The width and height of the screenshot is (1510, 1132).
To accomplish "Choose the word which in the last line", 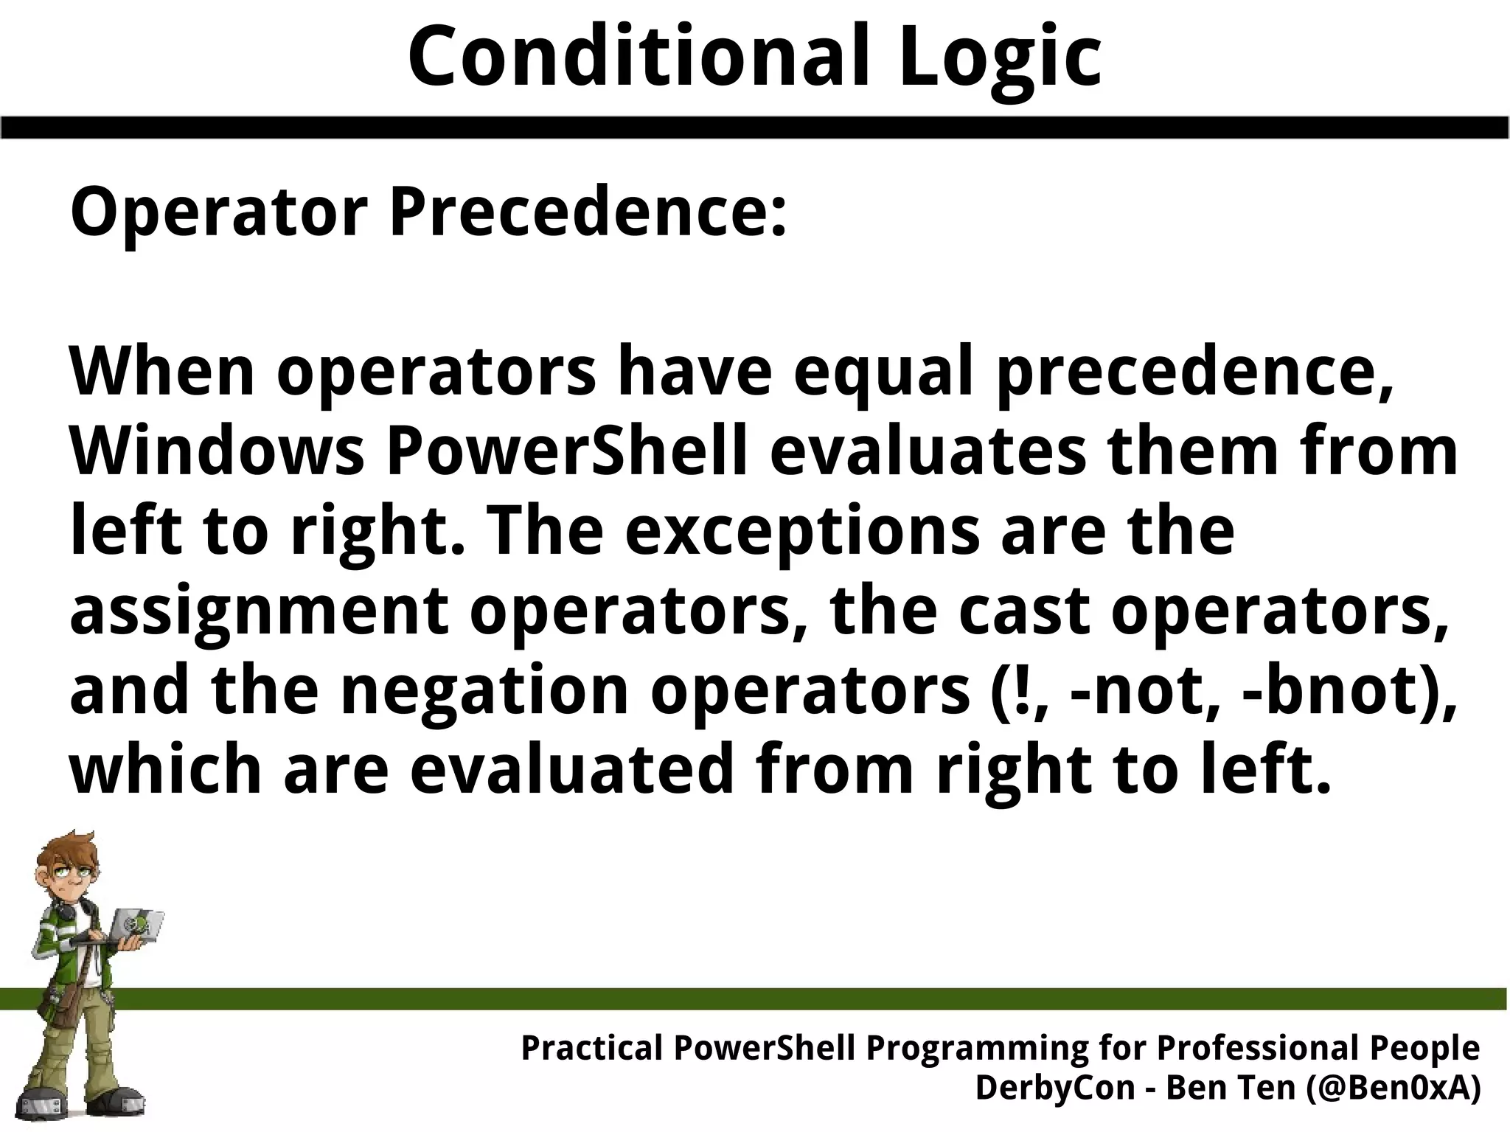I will click(x=165, y=770).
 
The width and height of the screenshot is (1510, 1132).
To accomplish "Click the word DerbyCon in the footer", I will click(x=1054, y=1087).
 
